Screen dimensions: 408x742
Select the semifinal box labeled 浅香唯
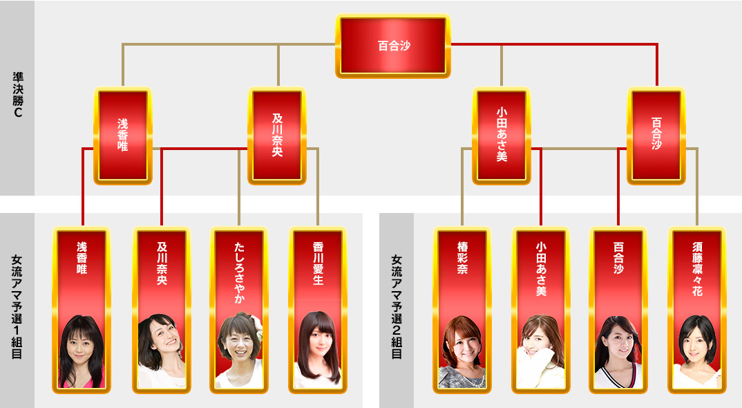pos(123,136)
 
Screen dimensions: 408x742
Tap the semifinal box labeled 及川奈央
pos(278,136)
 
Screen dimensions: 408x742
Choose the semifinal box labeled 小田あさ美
pos(502,136)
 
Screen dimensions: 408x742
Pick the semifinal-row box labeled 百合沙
pos(656,136)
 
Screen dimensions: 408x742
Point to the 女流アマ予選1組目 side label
pos(17,307)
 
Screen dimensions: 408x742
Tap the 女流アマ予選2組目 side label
pos(397,307)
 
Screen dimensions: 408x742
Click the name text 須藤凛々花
pos(697,270)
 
